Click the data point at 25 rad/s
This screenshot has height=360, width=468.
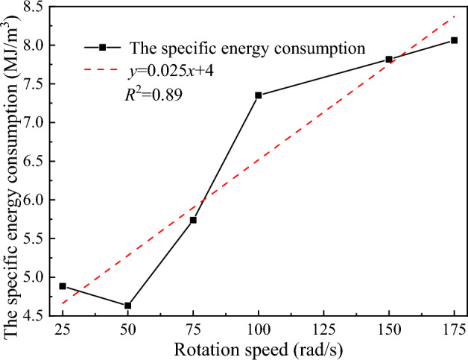pyautogui.click(x=63, y=286)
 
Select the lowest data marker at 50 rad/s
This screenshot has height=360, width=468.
pyautogui.click(x=128, y=306)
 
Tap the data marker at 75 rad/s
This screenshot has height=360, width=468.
pyautogui.click(x=193, y=220)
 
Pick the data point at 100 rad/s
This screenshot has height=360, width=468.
pyautogui.click(x=259, y=95)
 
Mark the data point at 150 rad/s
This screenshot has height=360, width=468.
pyautogui.click(x=389, y=59)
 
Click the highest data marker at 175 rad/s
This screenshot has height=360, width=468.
pyautogui.click(x=454, y=40)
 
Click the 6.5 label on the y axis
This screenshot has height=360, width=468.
pyautogui.click(x=37, y=161)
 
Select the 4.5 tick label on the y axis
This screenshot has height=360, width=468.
pyautogui.click(x=37, y=316)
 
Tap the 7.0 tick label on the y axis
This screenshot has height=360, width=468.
pyautogui.click(x=37, y=122)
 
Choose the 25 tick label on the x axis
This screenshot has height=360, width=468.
pyautogui.click(x=63, y=329)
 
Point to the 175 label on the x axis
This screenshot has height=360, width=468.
pyautogui.click(x=452, y=329)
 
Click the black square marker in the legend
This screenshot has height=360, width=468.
pyautogui.click(x=104, y=47)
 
